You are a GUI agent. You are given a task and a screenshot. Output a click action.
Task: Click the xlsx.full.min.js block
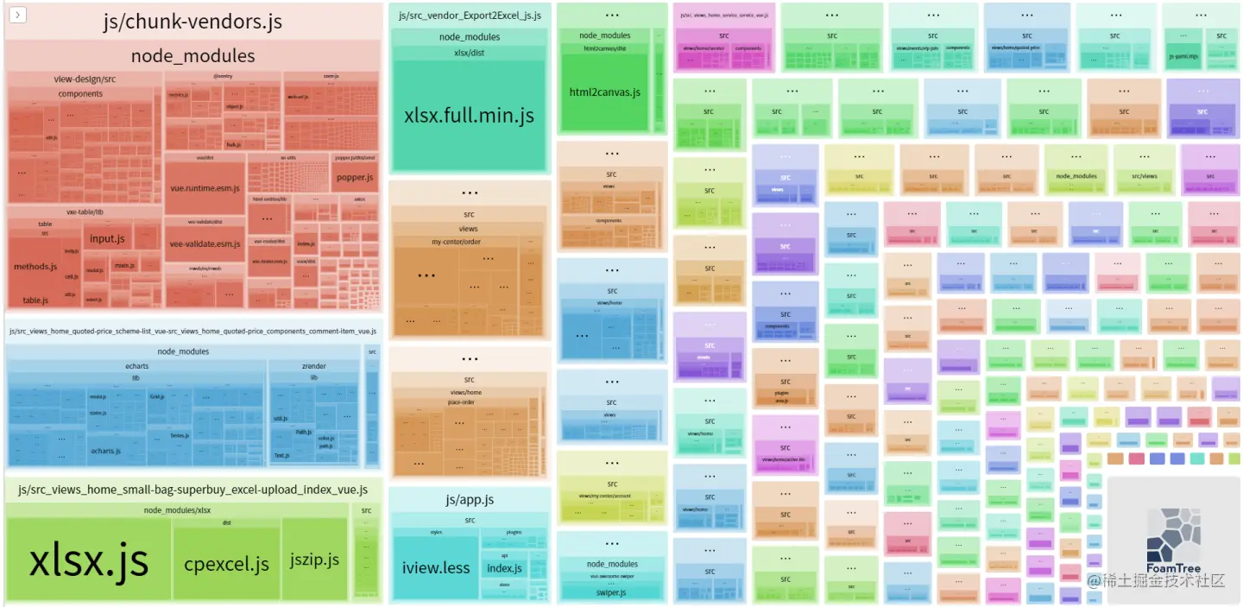(469, 116)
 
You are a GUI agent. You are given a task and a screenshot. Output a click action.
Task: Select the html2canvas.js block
(604, 92)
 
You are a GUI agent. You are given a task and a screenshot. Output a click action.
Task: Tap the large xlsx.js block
(89, 560)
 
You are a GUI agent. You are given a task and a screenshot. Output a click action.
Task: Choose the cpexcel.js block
(226, 564)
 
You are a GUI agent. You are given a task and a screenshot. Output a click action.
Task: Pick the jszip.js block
(314, 560)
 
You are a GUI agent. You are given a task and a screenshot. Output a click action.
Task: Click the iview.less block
(435, 567)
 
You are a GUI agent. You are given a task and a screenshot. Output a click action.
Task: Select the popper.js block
(355, 177)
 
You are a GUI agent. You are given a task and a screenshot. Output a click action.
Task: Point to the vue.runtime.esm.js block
(205, 187)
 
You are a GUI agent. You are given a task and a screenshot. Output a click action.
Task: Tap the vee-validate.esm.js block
(205, 243)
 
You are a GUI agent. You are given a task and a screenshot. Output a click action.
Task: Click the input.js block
(107, 238)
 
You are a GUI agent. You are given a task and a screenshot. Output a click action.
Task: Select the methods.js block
(35, 267)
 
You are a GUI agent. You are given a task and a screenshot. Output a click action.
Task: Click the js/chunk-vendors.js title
(192, 22)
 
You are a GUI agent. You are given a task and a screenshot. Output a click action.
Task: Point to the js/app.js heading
(470, 500)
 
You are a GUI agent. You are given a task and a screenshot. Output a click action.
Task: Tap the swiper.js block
(611, 592)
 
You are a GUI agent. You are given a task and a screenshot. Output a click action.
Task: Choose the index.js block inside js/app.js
(504, 568)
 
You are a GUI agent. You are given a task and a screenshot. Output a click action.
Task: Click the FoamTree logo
(1173, 540)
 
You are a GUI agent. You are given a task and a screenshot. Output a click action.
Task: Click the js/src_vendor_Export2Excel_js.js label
(470, 16)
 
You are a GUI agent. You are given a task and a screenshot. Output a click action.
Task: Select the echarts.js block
(106, 451)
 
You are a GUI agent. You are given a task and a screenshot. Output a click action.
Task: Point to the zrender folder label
(313, 366)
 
